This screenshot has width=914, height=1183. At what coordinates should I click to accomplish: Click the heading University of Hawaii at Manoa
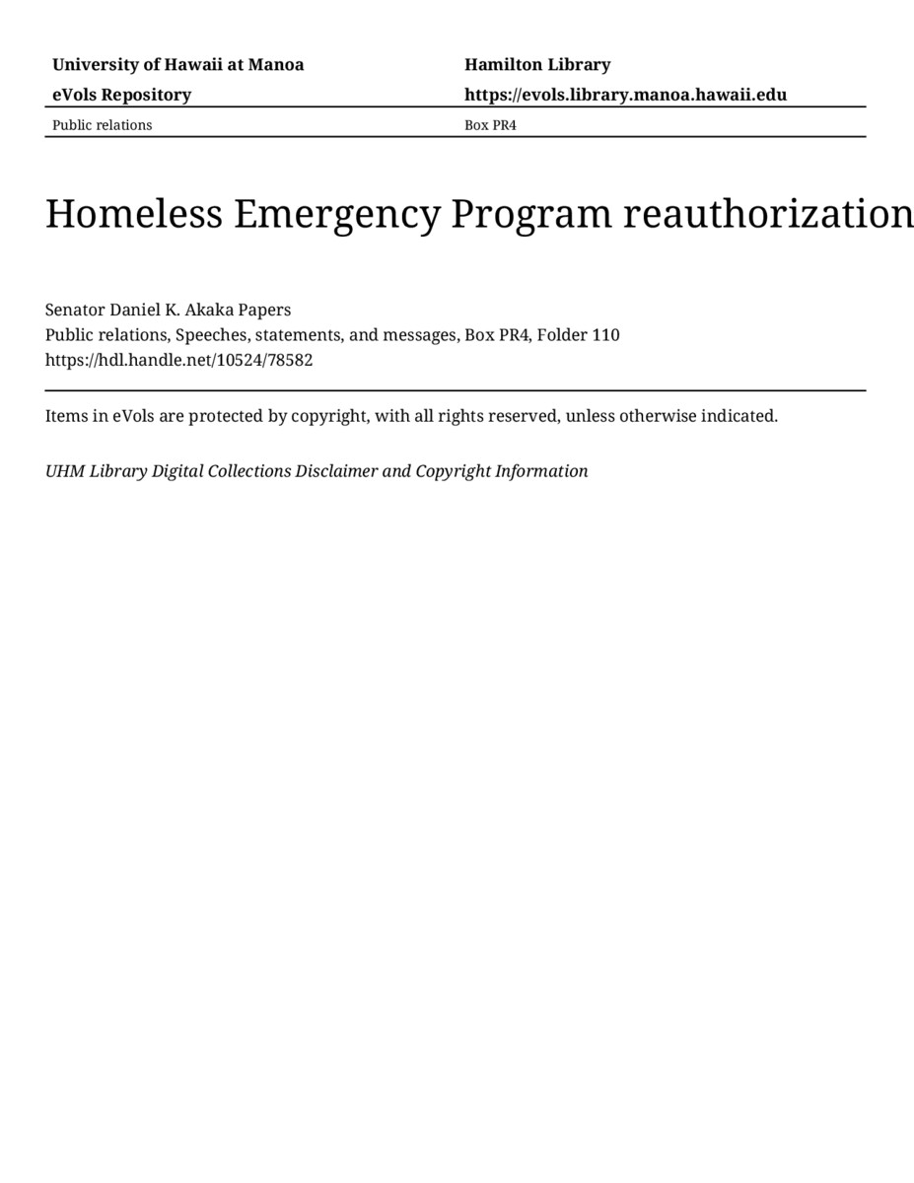(177, 65)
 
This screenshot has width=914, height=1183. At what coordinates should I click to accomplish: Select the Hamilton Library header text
(537, 65)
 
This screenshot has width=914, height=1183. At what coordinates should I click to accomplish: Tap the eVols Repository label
(121, 95)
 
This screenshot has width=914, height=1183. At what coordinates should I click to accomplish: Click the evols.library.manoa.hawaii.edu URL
(625, 95)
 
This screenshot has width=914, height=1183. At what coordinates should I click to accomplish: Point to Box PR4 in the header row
(490, 125)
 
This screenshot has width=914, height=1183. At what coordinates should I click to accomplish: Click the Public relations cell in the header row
(102, 125)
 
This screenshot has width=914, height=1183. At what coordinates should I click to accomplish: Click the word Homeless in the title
(134, 214)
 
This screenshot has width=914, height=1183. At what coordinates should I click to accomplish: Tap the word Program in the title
(530, 214)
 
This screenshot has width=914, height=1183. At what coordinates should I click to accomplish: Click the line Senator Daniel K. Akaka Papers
(168, 310)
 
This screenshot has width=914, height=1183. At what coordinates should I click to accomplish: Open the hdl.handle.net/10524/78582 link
(178, 360)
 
